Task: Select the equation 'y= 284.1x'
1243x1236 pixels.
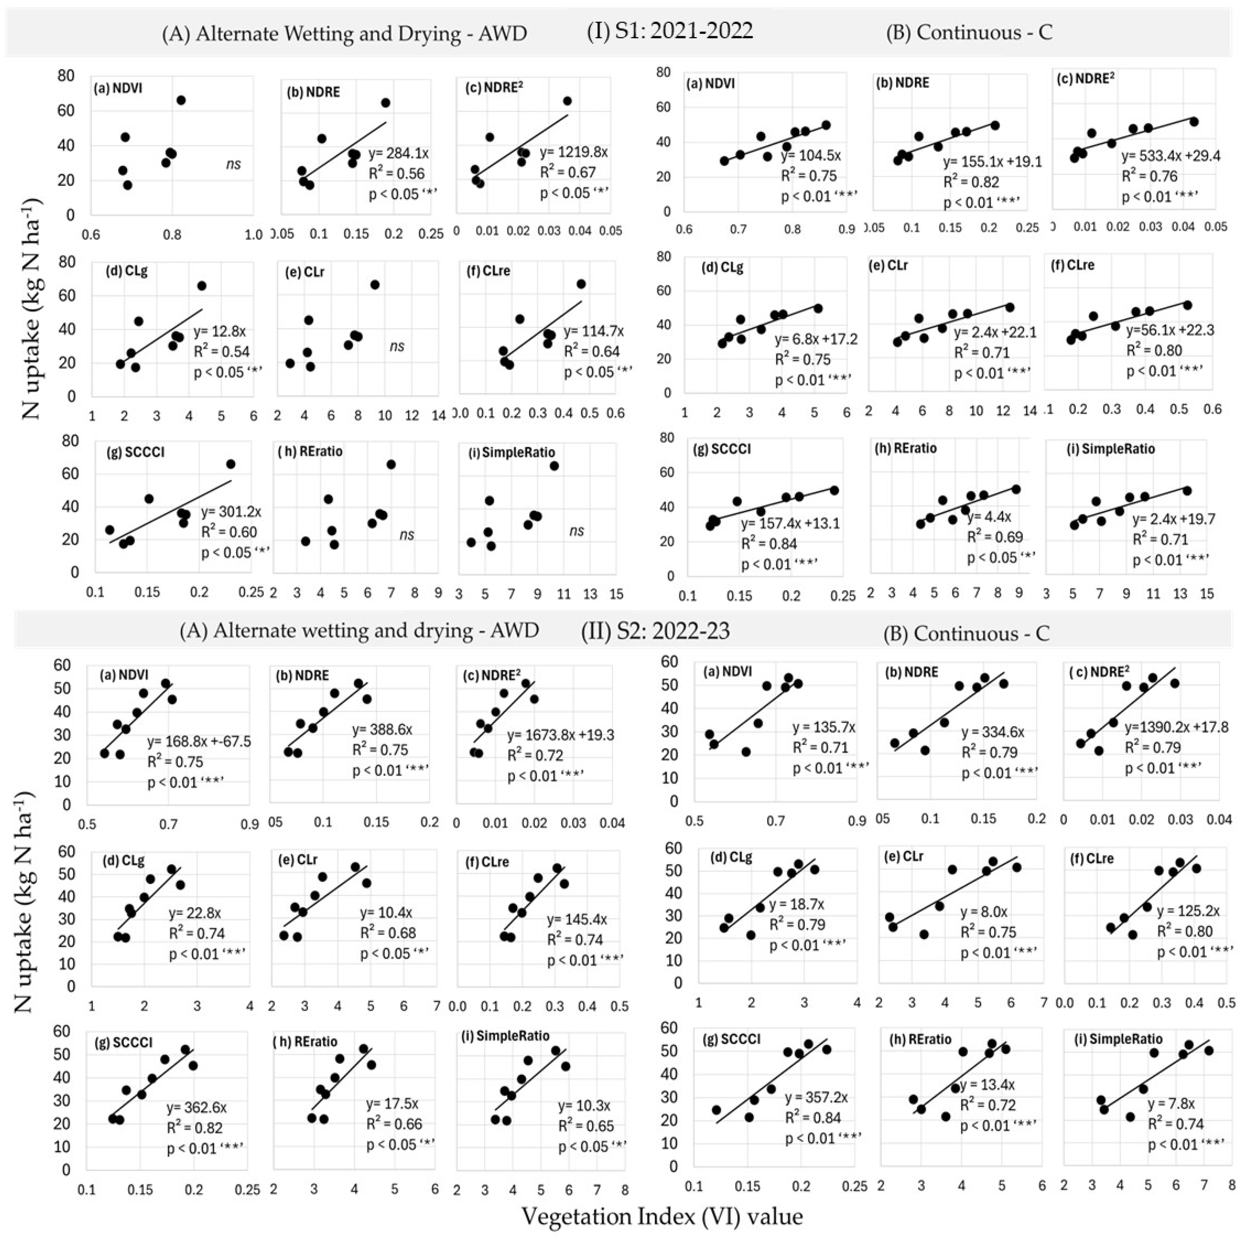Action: (398, 153)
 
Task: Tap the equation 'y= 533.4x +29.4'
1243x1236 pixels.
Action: (1170, 156)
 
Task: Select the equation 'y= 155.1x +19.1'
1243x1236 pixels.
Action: (991, 162)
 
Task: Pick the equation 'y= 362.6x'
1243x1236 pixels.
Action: (196, 1108)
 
